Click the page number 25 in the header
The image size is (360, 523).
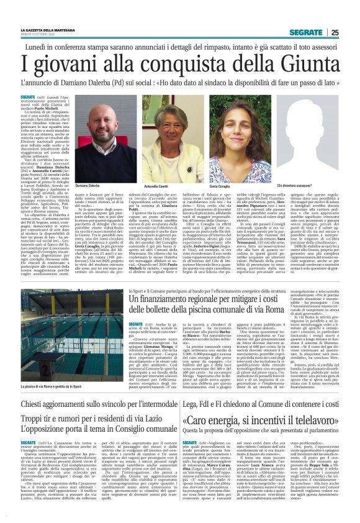[335, 32]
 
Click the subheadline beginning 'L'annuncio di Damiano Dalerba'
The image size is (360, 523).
[180, 81]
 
